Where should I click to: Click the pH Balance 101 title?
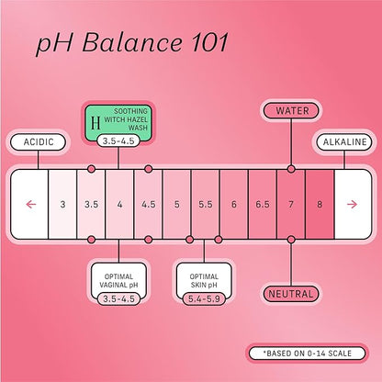[132, 42]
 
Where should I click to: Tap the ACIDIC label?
[39, 142]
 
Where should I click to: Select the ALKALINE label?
[344, 142]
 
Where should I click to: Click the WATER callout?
[291, 111]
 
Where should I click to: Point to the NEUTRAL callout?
[291, 294]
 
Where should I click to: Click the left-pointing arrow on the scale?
[31, 204]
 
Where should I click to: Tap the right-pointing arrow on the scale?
[353, 204]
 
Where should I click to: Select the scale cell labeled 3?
[62, 204]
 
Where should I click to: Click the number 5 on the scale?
[177, 204]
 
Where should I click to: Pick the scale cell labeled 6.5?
[263, 204]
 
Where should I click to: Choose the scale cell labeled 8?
[320, 204]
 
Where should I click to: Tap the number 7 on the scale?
[291, 204]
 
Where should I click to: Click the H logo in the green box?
[95, 123]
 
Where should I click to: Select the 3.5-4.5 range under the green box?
[118, 141]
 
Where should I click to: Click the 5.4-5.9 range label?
[204, 298]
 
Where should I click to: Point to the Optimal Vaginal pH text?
[118, 281]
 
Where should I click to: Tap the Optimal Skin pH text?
[204, 281]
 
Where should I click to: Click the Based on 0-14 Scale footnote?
[307, 354]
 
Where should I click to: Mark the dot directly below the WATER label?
[291, 169]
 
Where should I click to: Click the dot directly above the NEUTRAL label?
[291, 240]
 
